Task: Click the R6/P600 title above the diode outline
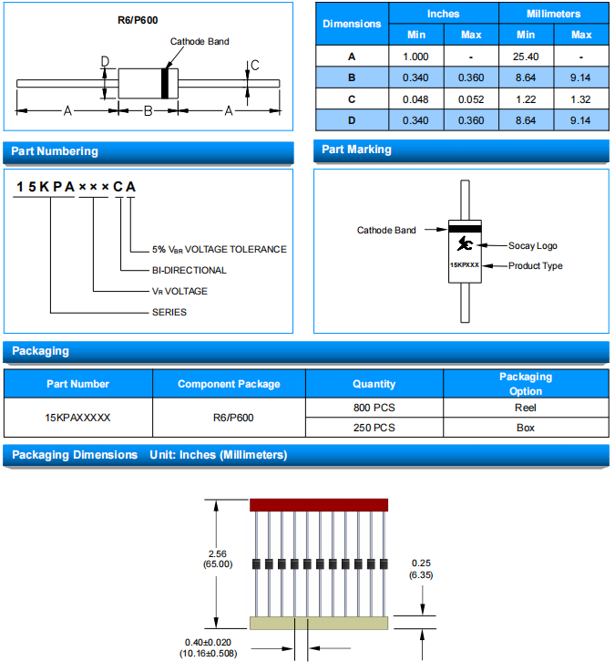(142, 19)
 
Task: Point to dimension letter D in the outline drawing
(105, 62)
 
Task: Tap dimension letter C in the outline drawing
(255, 65)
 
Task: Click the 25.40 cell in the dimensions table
(526, 56)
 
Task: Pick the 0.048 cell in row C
(416, 98)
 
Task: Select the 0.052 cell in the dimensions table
(471, 98)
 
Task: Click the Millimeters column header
(553, 14)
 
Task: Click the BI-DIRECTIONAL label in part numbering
(189, 270)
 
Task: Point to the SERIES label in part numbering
(169, 312)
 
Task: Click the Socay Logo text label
(533, 245)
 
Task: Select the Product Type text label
(536, 265)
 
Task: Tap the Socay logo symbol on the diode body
(465, 243)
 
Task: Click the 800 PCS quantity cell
(374, 408)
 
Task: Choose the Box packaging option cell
(525, 428)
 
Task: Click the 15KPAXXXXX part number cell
(78, 418)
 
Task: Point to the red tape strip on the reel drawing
(319, 504)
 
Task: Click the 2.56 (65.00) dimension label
(218, 558)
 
